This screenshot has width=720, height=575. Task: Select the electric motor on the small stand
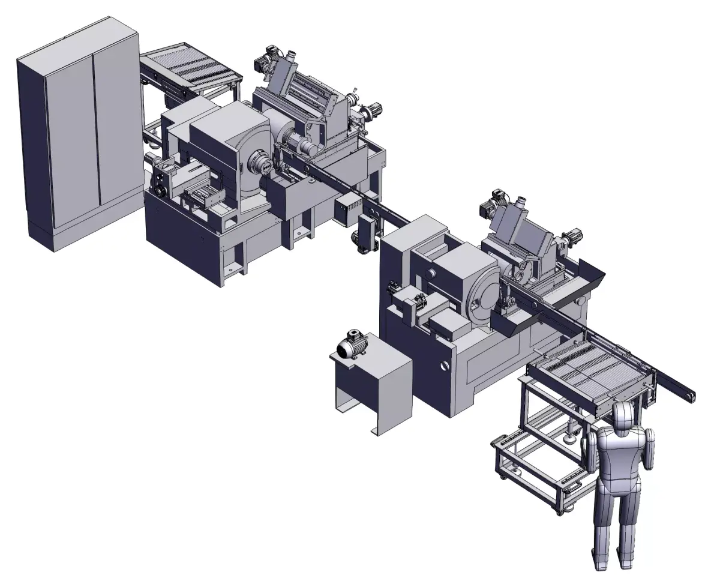tap(351, 346)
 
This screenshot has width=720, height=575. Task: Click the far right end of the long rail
tap(690, 397)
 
